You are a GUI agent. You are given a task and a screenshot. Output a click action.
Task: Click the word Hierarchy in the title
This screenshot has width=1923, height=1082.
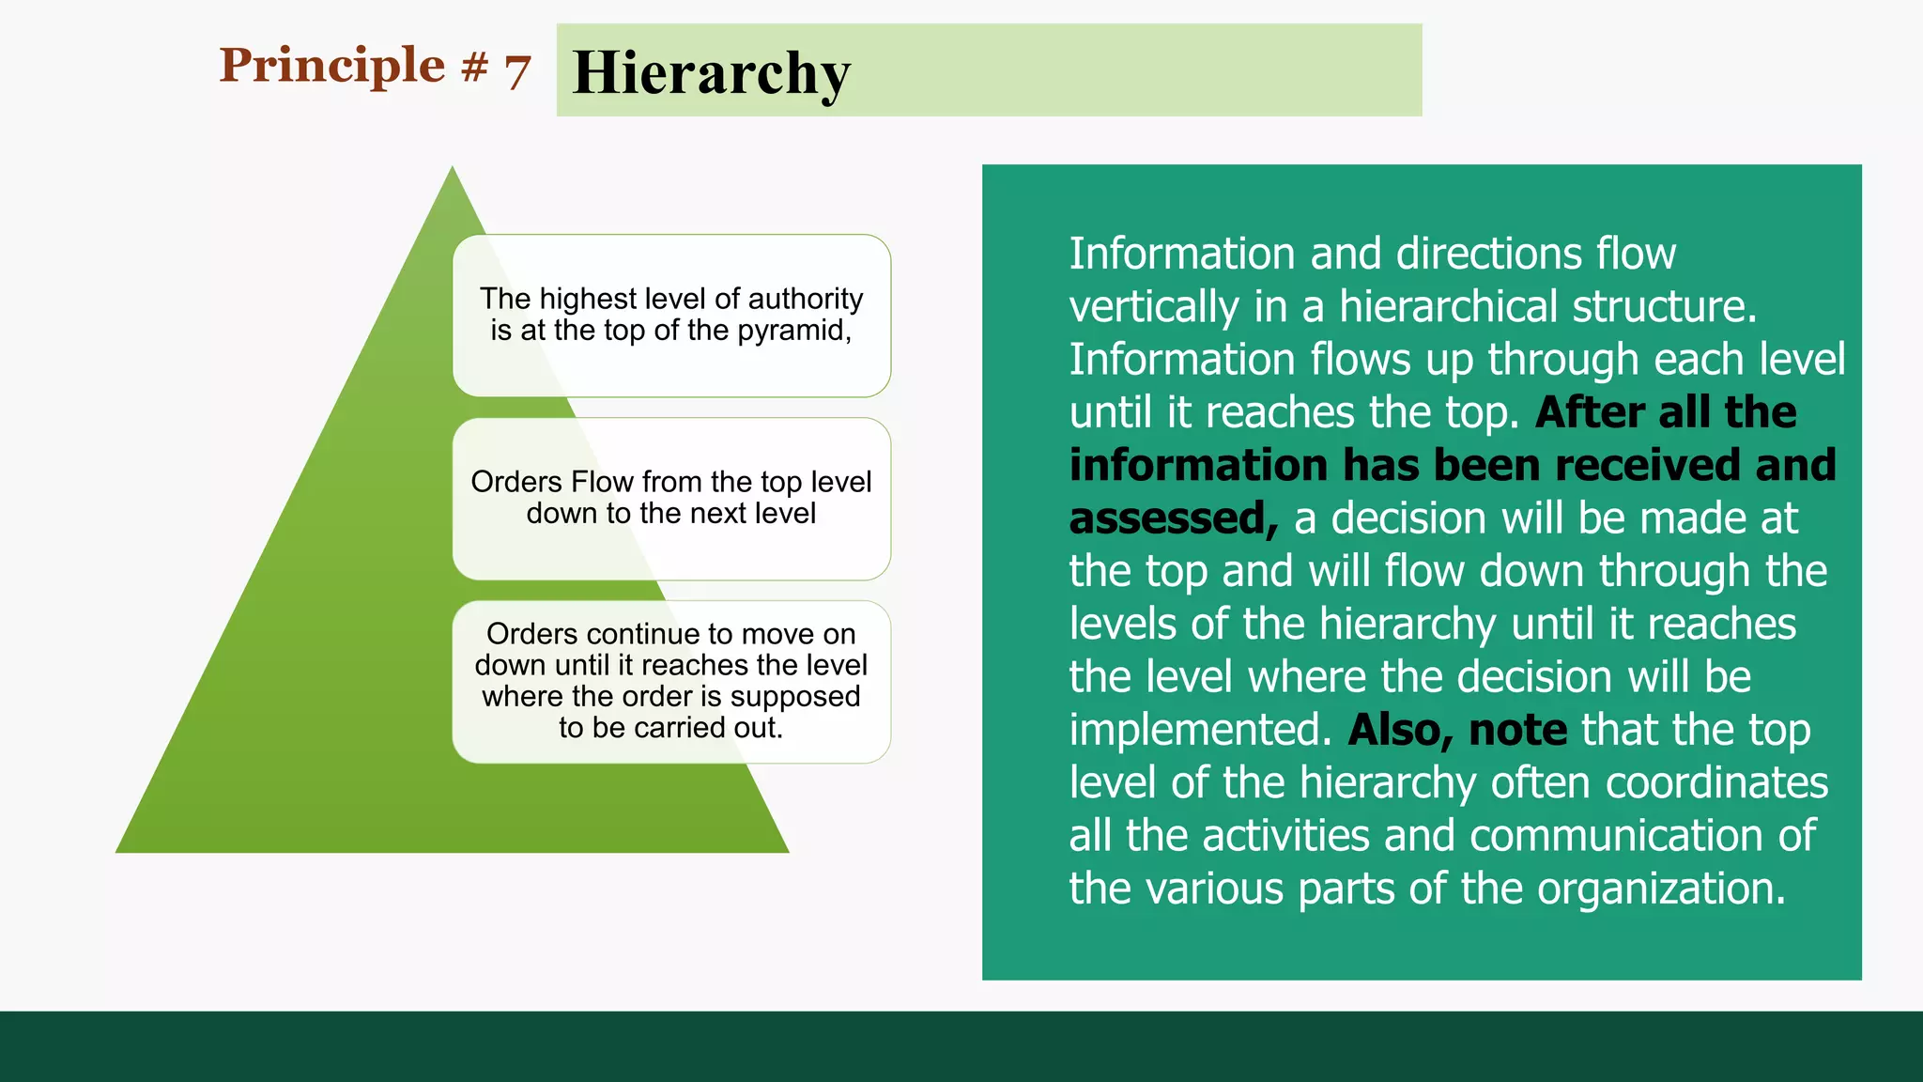click(711, 73)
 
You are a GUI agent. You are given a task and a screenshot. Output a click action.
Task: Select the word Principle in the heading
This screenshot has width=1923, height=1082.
click(331, 66)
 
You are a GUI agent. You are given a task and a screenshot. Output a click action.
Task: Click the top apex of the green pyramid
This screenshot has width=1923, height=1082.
click(453, 171)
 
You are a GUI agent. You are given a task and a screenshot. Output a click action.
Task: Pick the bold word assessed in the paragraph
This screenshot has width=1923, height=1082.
click(1172, 518)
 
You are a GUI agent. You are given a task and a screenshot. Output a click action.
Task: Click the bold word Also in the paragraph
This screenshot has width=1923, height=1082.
click(1400, 730)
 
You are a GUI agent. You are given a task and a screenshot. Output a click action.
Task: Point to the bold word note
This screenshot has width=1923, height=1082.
click(1517, 730)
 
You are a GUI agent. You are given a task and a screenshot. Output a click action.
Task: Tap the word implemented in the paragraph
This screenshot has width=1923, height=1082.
click(1199, 730)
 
